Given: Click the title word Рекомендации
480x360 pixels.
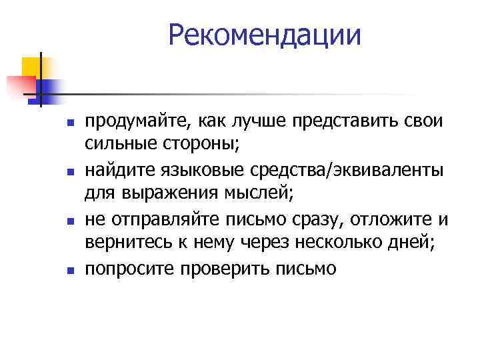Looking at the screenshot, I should point(265,35).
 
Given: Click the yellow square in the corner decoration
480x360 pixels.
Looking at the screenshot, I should point(31,67).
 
